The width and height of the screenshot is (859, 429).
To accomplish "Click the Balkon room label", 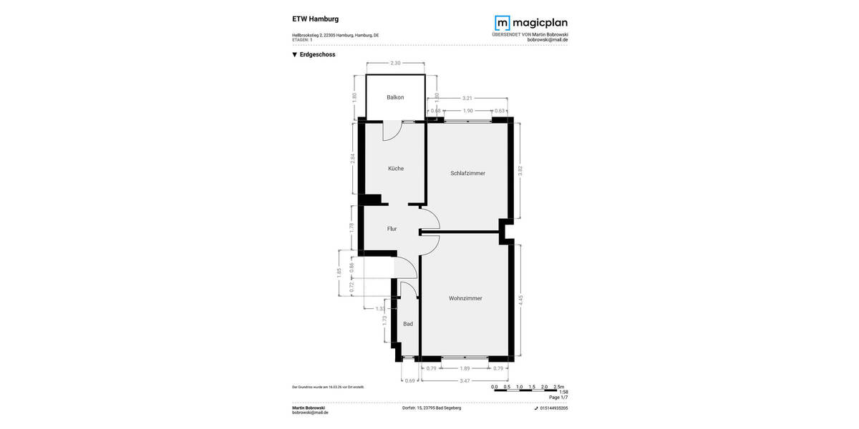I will click(395, 97).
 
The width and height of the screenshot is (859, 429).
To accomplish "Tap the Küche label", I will click(396, 169).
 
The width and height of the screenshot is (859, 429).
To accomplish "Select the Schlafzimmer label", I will click(468, 173).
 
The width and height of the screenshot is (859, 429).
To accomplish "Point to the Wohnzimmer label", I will click(465, 298).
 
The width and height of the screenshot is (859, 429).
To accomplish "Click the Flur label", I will click(392, 229).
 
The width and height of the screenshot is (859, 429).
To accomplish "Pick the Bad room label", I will click(408, 324).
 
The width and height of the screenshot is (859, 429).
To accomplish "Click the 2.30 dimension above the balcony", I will click(394, 64).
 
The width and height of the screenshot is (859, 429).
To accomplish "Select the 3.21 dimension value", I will click(467, 97).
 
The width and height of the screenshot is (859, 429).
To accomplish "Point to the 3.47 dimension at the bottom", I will click(465, 381).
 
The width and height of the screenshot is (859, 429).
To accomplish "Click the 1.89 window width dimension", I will click(465, 368).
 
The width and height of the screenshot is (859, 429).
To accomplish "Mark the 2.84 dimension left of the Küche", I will click(353, 159).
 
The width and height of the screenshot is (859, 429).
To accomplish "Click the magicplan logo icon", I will click(504, 24).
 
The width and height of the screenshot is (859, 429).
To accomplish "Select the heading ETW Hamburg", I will click(316, 19).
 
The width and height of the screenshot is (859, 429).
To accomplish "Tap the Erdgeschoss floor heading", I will click(318, 54).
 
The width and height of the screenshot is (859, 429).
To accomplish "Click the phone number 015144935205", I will click(554, 408).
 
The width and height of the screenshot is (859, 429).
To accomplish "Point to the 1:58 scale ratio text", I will click(563, 392).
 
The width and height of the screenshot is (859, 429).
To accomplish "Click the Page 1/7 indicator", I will click(558, 398).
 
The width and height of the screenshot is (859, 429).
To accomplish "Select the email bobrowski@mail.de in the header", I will click(548, 40).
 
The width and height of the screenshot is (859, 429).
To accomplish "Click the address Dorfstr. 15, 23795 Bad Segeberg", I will click(432, 408).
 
